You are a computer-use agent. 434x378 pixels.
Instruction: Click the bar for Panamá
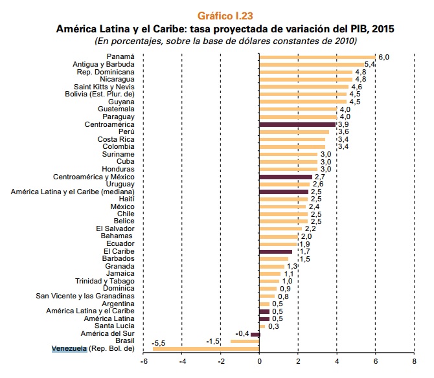[x=317, y=57]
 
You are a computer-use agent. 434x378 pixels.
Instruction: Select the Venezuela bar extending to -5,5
[x=206, y=348]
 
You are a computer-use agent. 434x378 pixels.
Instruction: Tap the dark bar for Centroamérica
[x=297, y=124]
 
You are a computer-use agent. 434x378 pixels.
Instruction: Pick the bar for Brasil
[x=245, y=341]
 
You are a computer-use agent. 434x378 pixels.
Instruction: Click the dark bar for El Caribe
[x=276, y=251]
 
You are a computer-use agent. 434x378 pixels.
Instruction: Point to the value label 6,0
[x=383, y=58]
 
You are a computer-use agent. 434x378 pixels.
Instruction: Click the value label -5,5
[x=159, y=342]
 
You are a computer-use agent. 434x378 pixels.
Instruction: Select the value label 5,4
[x=370, y=65]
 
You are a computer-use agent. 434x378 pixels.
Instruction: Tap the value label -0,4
[x=243, y=334]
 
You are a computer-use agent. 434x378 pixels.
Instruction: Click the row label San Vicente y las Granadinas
[x=86, y=296]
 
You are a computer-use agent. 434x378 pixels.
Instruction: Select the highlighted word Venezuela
[x=69, y=349]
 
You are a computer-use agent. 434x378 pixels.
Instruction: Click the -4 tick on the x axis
[x=182, y=362]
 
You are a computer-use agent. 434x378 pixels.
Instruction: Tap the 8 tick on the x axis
[x=414, y=362]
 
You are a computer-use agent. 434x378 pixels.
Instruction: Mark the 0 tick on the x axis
[x=259, y=362]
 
